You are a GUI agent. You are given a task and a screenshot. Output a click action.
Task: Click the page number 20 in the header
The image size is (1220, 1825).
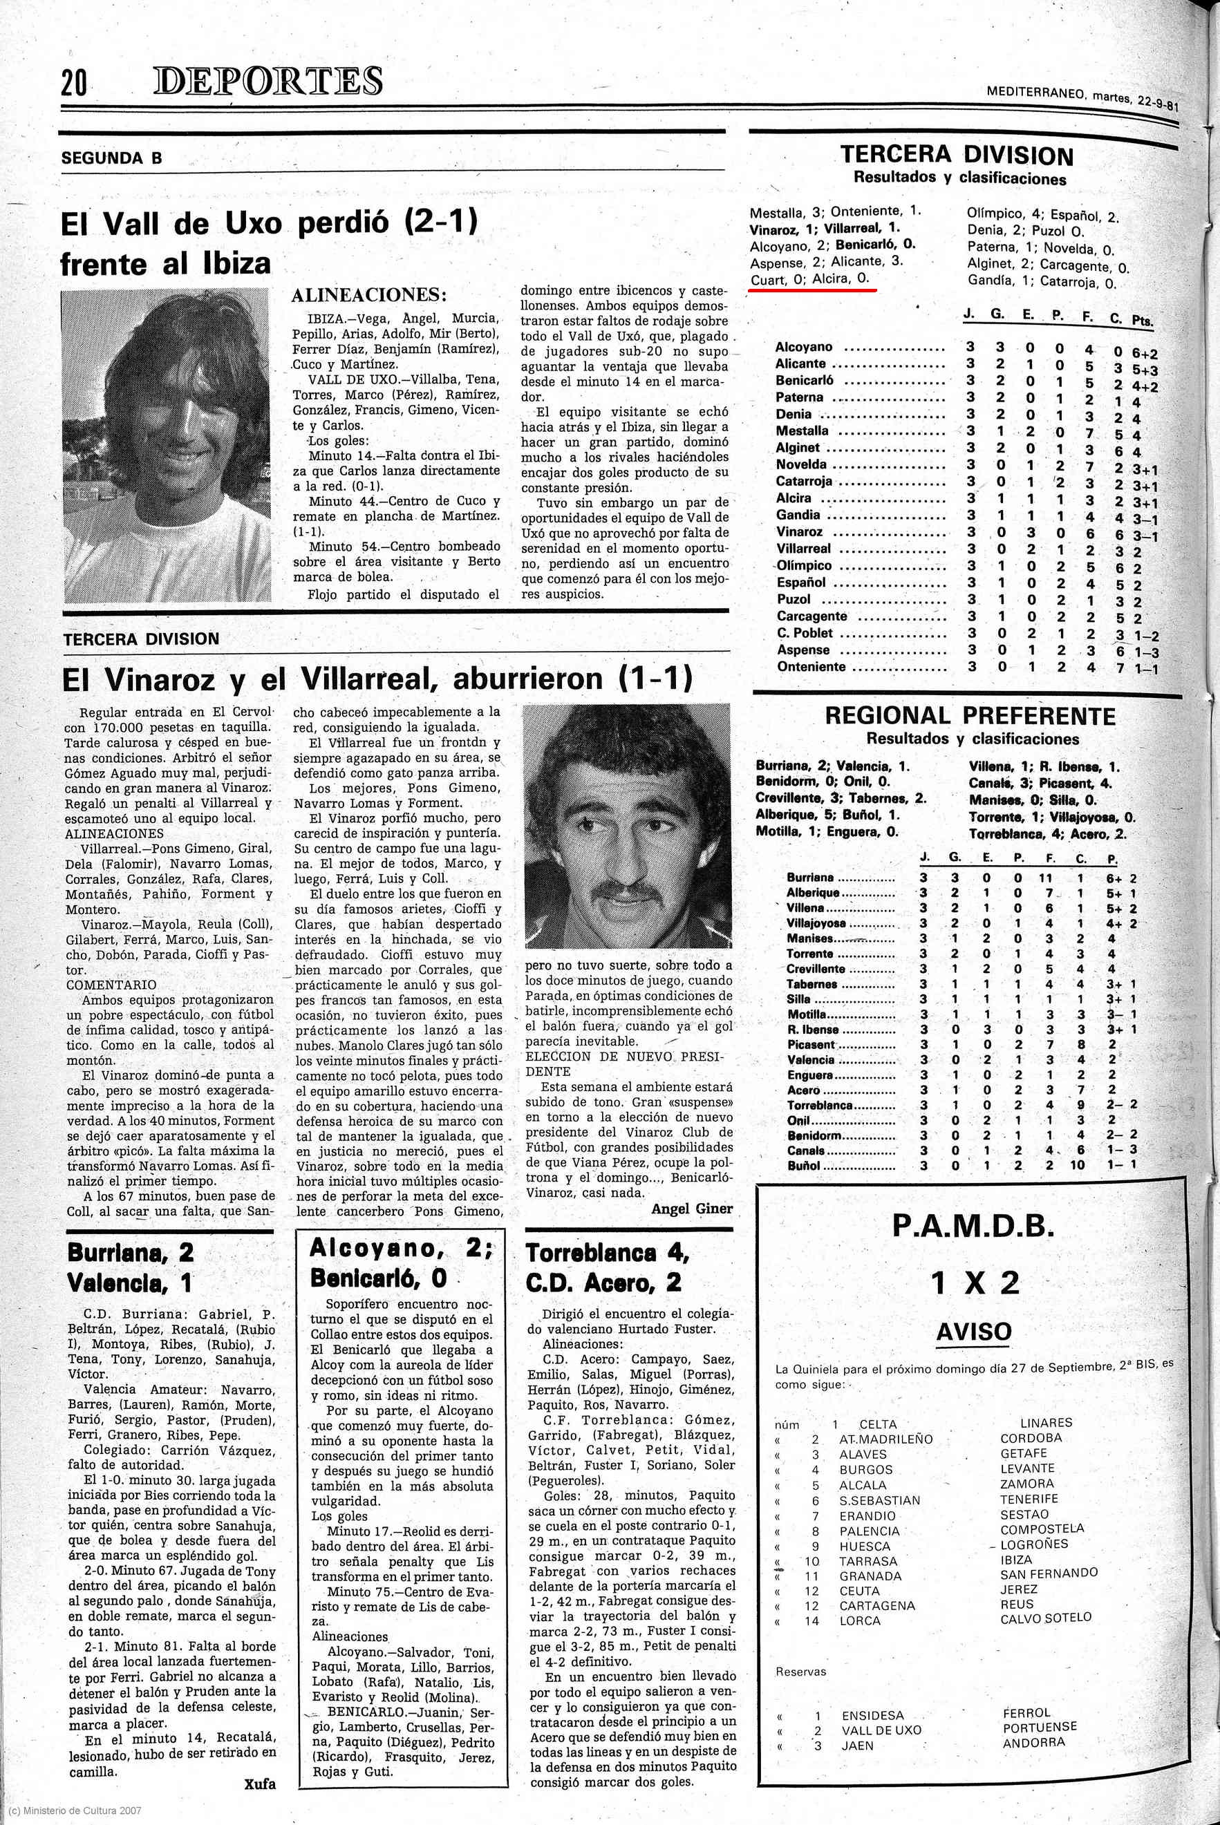point(74,82)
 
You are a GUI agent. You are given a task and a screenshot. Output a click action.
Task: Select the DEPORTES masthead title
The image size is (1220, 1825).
point(268,82)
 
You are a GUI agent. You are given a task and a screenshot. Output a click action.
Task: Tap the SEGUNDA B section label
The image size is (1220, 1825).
point(112,158)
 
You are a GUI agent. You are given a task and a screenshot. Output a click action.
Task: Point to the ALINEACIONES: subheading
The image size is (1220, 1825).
point(369,295)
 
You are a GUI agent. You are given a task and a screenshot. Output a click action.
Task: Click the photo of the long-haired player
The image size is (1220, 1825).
point(165,445)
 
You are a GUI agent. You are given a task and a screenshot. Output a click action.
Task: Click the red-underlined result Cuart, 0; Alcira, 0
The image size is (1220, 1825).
point(810,279)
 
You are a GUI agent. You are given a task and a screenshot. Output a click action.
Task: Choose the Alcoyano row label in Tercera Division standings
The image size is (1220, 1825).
point(804,347)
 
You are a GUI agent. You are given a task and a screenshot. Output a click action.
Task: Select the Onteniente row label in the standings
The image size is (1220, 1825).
point(811,667)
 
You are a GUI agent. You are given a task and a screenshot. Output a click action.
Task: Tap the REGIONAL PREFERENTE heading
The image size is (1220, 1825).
point(970,716)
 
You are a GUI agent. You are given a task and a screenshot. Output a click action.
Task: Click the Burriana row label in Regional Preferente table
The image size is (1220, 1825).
point(810,878)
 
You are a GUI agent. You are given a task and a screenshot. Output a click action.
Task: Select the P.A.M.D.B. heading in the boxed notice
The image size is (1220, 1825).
point(973,1227)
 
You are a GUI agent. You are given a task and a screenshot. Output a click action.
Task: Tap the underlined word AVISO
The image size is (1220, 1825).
point(973,1332)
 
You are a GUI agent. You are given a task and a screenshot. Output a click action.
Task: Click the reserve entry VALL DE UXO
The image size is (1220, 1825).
point(881,1730)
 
